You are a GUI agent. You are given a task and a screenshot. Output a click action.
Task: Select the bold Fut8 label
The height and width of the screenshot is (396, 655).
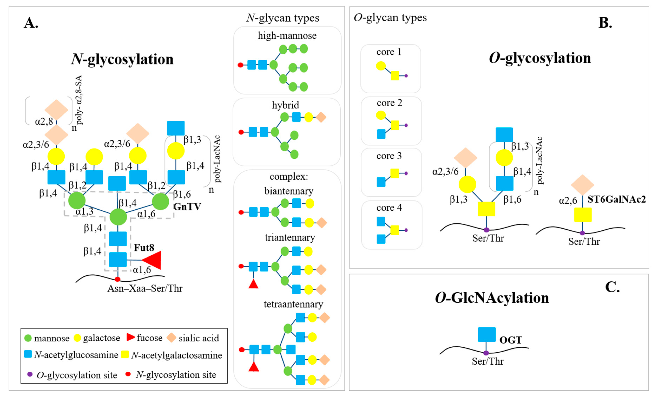[144, 248]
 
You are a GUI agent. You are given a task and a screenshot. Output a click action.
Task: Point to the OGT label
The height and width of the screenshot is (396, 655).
[511, 340]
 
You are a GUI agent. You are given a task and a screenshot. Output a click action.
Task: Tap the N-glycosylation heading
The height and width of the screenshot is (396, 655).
[122, 59]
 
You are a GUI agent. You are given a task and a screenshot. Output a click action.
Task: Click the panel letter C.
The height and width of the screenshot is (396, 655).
[612, 287]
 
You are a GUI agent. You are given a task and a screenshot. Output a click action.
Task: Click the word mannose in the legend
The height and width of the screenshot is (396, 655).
[52, 338]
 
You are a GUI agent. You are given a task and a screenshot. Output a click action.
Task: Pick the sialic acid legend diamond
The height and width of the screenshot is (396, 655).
[172, 338]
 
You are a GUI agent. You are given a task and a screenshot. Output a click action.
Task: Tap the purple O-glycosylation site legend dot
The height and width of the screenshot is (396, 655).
[30, 374]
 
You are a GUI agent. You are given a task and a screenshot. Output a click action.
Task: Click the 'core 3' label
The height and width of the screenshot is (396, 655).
[389, 156]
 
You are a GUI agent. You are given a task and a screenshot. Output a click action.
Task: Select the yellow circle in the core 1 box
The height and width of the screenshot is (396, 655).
[381, 66]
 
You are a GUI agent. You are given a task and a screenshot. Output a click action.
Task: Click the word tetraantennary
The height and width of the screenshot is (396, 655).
[293, 304]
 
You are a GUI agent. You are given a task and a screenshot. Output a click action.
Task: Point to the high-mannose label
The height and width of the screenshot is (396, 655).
[287, 36]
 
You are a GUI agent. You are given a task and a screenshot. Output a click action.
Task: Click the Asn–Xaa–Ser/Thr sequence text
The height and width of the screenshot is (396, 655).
[145, 288]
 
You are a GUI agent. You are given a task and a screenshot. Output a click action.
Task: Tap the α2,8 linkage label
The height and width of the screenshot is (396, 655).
[44, 121]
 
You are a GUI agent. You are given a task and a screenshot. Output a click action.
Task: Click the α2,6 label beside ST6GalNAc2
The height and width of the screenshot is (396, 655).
[568, 201]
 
